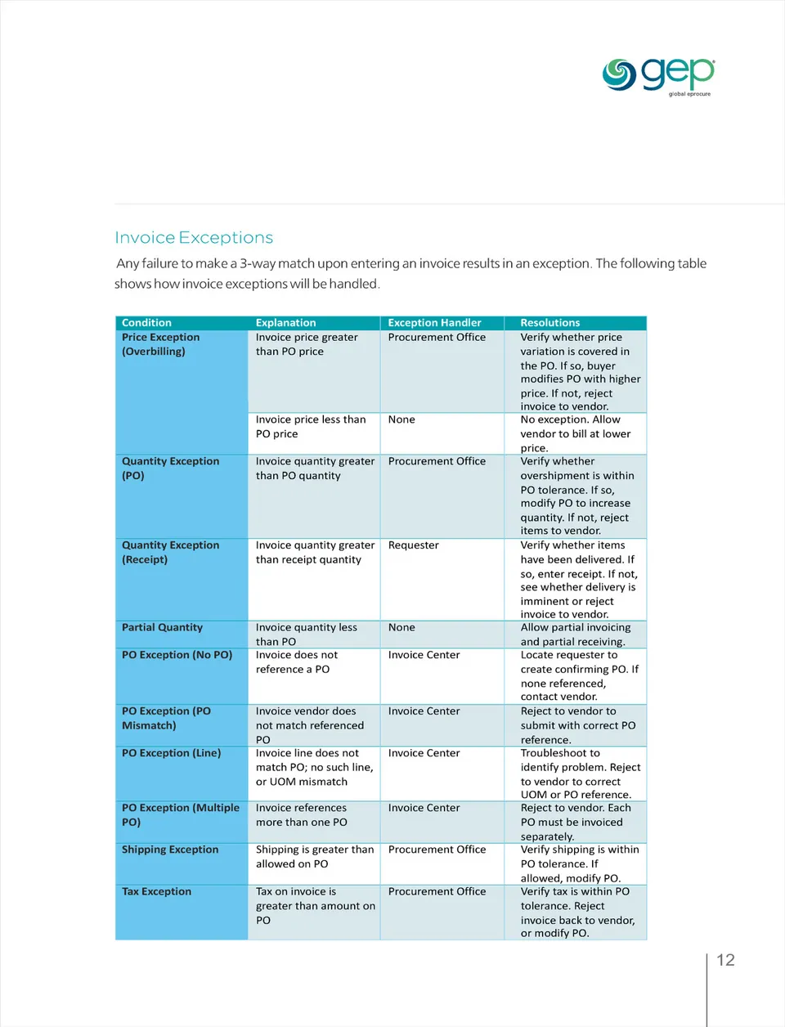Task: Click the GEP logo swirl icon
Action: click(x=619, y=75)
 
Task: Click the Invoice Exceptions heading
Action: click(x=194, y=238)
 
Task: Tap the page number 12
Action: click(x=725, y=960)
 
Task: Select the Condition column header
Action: click(x=146, y=323)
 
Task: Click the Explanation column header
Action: click(x=285, y=323)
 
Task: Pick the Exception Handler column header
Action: click(x=434, y=323)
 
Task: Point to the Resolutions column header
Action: click(x=549, y=323)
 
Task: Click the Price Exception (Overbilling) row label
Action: click(x=160, y=344)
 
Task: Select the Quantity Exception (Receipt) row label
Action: click(x=170, y=552)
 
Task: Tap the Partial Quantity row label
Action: click(x=162, y=627)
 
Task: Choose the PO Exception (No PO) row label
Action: click(x=177, y=655)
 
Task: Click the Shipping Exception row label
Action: click(x=170, y=850)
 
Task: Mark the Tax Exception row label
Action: click(x=156, y=891)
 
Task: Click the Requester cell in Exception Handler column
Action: click(x=413, y=545)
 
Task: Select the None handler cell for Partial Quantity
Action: click(x=401, y=627)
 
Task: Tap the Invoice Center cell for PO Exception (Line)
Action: click(x=424, y=753)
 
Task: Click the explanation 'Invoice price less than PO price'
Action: click(x=310, y=427)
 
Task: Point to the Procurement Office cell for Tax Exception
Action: click(x=437, y=891)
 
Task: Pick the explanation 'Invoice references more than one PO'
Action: click(x=301, y=815)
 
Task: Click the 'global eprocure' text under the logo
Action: click(x=689, y=94)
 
